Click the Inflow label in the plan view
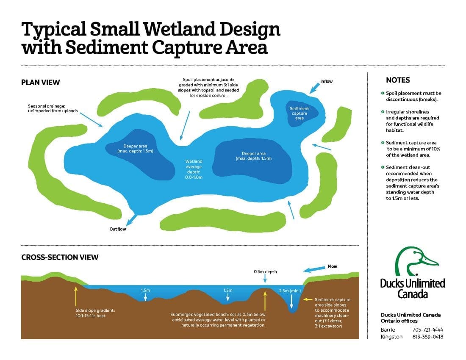coord(326,81)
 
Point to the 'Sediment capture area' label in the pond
coord(299,113)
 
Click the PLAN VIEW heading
coord(41,82)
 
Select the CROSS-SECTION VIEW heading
coord(60,257)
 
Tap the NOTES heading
coord(398,80)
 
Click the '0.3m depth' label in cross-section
coord(265,271)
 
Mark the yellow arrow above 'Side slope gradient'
coord(76,296)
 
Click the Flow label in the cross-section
coord(332,267)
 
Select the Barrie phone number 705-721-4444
coord(427,330)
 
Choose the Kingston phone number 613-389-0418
coord(427,337)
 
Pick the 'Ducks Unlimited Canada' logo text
coord(412,288)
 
